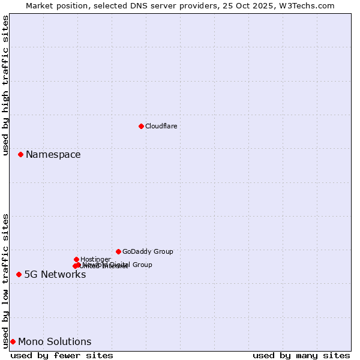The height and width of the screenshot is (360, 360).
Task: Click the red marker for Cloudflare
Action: tap(141, 126)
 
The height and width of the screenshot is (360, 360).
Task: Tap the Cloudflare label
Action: tap(161, 126)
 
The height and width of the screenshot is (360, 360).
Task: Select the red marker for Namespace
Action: tap(20, 154)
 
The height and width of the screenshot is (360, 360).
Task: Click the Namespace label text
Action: tap(53, 155)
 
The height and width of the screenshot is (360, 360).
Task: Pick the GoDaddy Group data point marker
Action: tap(118, 251)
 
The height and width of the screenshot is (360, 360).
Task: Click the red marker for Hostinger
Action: tap(76, 259)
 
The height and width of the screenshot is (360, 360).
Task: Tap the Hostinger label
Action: tap(95, 259)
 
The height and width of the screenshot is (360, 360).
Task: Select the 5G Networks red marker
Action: tap(19, 274)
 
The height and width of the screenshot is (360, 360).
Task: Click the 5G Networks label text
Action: tap(55, 275)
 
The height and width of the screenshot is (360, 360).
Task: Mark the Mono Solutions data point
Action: tap(13, 341)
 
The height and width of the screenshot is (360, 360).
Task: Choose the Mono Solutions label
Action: tap(55, 342)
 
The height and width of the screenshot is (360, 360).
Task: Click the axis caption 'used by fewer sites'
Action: tap(62, 355)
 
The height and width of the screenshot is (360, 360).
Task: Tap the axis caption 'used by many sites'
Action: tap(301, 355)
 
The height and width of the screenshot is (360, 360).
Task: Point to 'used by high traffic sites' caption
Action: tap(5, 85)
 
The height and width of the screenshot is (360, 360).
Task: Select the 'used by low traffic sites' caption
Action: tap(5, 281)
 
